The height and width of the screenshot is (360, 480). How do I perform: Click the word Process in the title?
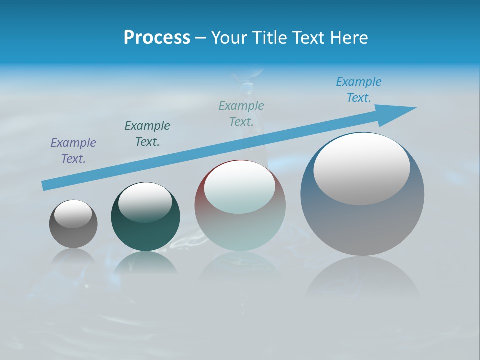point(157,38)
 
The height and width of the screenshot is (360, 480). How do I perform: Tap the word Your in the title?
point(228,38)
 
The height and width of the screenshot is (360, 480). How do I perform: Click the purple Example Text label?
point(73,151)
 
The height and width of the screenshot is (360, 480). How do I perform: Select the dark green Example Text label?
point(147,134)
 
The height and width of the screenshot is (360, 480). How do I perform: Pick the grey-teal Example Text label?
point(241,114)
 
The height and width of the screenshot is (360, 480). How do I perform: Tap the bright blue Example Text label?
point(359,90)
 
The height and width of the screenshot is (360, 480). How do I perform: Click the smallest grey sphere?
point(73,235)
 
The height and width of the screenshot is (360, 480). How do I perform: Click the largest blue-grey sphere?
point(362,225)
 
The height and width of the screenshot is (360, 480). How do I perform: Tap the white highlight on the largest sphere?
point(362,169)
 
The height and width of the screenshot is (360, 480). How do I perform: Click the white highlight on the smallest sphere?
point(73,214)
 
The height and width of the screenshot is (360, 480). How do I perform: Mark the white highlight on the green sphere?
point(145,202)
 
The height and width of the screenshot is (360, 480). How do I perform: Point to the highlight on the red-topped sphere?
point(239,187)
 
